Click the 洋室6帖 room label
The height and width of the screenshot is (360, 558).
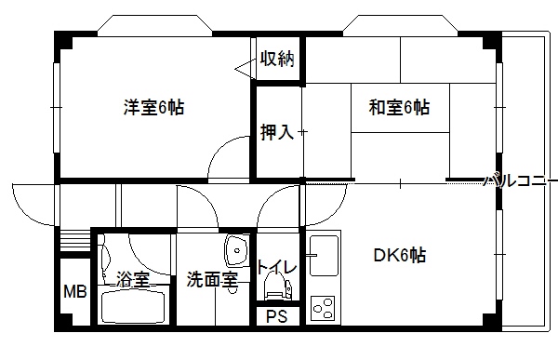pos(153,107)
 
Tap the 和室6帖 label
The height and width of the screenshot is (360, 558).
pos(399,107)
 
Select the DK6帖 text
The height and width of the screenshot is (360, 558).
pos(400,255)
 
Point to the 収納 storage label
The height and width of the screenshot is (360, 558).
pos(277,59)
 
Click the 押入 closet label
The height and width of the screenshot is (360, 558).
pos(277,132)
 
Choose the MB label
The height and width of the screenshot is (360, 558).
pos(75,292)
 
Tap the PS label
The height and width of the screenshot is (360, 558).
pos(277,316)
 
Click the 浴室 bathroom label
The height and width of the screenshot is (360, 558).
pos(133,279)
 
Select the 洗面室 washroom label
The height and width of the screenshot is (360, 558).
pos(212,280)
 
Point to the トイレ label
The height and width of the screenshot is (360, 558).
pos(276,267)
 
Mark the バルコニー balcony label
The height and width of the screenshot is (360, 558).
pos(520,180)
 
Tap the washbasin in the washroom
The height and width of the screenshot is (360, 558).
pos(236,250)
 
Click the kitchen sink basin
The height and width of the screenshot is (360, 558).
pos(324,256)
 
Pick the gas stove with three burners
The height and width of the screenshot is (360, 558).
pos(323,308)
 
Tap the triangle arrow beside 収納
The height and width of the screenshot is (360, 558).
pos(245,69)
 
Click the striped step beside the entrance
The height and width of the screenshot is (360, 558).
pos(75,241)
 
